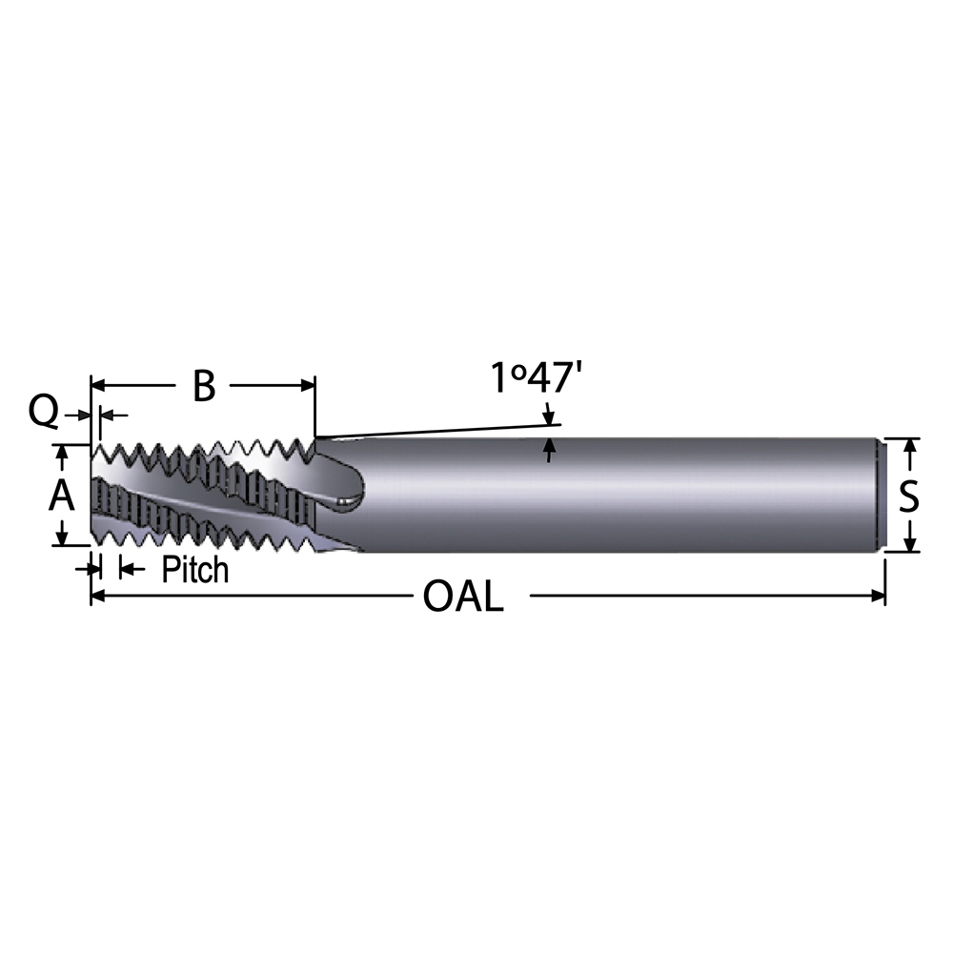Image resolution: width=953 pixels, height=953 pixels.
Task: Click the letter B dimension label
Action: (204, 386)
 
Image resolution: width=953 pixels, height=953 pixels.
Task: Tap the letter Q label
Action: (43, 413)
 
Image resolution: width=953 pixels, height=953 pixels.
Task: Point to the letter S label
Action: (910, 496)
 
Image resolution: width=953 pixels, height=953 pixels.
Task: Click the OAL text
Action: (462, 598)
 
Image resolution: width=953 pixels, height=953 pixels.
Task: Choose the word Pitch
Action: (195, 570)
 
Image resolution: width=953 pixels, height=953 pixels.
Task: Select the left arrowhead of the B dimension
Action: (97, 386)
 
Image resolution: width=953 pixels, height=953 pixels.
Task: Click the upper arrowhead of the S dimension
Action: (910, 446)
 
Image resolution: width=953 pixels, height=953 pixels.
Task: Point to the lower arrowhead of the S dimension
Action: (910, 544)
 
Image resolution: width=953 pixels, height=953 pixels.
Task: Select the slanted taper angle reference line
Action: (438, 431)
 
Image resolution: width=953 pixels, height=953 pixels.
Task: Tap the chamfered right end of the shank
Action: (882, 496)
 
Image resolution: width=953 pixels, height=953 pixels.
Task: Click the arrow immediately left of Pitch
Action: (126, 569)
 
